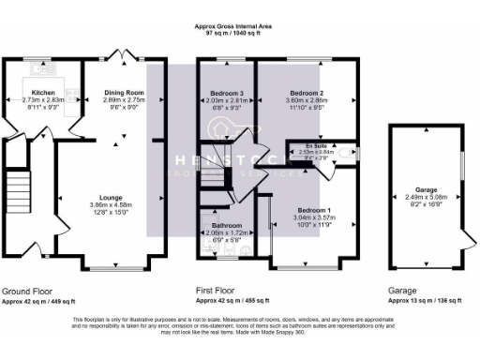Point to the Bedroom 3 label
click(228, 93)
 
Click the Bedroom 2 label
click(306, 93)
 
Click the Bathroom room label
click(226, 226)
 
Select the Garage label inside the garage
click(427, 188)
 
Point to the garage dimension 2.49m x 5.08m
click(427, 195)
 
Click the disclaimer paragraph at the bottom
click(240, 324)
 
